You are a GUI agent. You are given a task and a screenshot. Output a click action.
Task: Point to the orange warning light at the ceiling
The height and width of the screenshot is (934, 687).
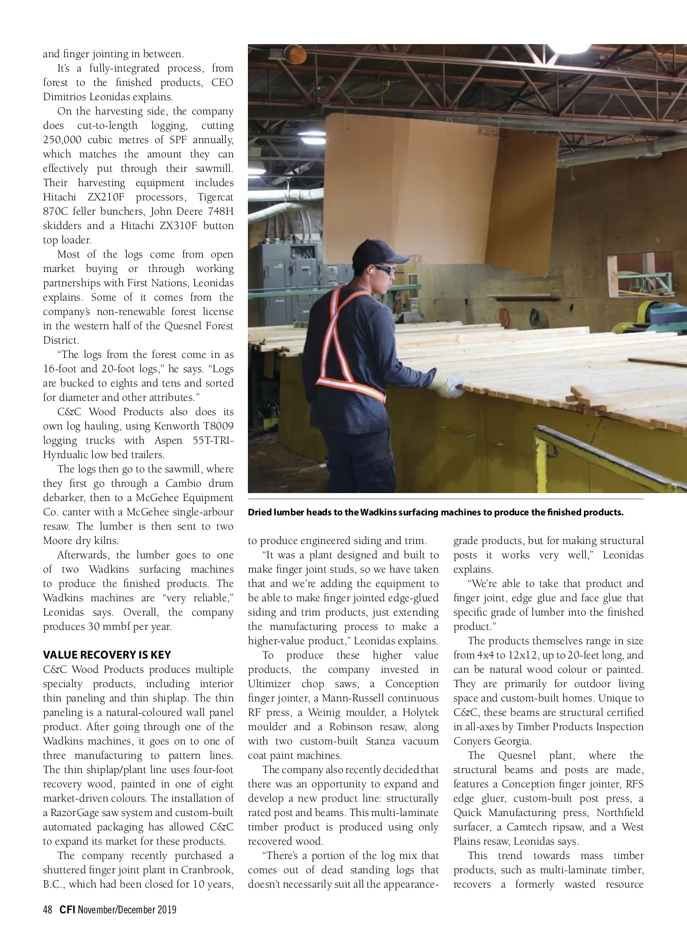tap(295, 53)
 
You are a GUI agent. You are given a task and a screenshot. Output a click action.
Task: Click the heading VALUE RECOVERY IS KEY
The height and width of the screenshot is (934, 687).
tap(106, 655)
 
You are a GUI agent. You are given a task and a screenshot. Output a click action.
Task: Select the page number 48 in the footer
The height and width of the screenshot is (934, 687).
tap(48, 910)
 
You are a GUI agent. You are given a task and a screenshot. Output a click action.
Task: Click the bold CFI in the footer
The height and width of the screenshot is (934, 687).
tap(67, 910)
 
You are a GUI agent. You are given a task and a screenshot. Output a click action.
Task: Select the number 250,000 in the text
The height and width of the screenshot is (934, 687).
tap(62, 140)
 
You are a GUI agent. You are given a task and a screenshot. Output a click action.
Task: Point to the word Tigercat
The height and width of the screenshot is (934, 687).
tap(215, 197)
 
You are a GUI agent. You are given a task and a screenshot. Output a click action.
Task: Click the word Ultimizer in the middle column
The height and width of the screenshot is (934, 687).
tap(270, 684)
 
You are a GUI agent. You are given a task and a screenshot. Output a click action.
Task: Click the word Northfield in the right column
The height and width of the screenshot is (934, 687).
tap(620, 813)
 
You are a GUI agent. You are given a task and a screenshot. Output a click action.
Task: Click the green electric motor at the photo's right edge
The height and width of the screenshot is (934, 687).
tap(664, 313)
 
